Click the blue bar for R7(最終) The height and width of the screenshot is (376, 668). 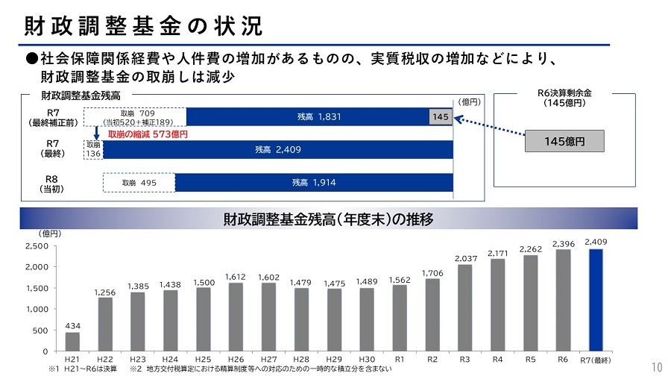pyautogui.click(x=596, y=299)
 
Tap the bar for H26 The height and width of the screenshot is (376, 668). pyautogui.click(x=235, y=316)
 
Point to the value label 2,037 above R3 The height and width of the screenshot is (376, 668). pyautogui.click(x=465, y=258)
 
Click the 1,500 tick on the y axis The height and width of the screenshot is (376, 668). pyautogui.click(x=36, y=288)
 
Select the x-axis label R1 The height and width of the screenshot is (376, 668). pyautogui.click(x=399, y=359)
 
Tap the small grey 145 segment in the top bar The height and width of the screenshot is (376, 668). pyautogui.click(x=441, y=116)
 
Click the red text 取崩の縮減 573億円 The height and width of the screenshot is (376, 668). pyautogui.click(x=148, y=135)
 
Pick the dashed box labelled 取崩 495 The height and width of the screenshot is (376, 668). pyautogui.click(x=139, y=183)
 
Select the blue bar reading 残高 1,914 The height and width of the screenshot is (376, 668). pyautogui.click(x=313, y=183)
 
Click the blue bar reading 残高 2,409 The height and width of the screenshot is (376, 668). pyautogui.click(x=277, y=149)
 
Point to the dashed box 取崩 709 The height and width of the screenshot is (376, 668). pyautogui.click(x=134, y=116)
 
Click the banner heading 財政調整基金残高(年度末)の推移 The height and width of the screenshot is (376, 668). pyautogui.click(x=328, y=219)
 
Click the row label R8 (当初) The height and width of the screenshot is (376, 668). pyautogui.click(x=51, y=184)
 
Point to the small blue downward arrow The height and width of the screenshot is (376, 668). pyautogui.click(x=96, y=134)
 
